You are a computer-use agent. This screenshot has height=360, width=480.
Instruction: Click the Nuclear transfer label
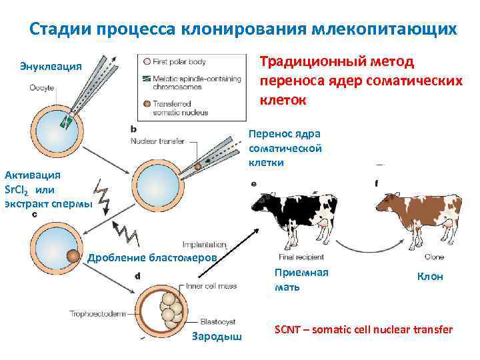pyautogui.click(x=158, y=141)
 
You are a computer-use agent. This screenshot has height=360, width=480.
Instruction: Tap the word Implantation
pyautogui.click(x=203, y=245)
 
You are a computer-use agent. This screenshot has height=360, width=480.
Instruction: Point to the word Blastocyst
pyautogui.click(x=219, y=319)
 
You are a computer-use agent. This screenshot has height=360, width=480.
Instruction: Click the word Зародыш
pyautogui.click(x=216, y=336)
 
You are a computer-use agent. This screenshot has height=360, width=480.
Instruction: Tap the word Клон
pyautogui.click(x=429, y=277)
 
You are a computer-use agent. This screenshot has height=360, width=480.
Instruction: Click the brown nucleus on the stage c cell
pyautogui.click(x=72, y=255)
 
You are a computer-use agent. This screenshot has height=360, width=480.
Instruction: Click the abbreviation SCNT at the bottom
pyautogui.click(x=289, y=329)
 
